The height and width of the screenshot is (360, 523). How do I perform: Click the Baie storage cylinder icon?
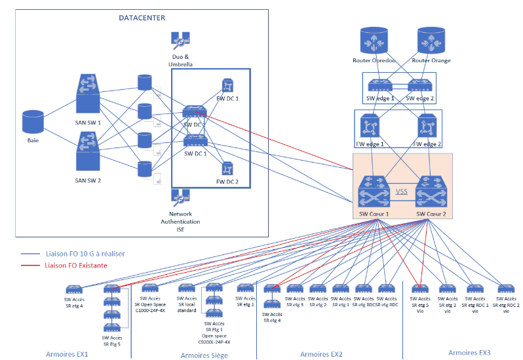[x=33, y=123]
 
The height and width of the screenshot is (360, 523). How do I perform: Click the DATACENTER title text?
[x=142, y=18]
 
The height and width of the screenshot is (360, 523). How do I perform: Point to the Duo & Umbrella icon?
[x=180, y=41]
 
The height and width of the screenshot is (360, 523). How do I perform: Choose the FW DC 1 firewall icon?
[x=227, y=86]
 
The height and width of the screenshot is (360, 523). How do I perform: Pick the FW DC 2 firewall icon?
[x=227, y=169]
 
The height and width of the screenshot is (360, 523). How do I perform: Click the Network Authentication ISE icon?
[x=180, y=197]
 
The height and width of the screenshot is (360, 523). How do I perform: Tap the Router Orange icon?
[x=433, y=41]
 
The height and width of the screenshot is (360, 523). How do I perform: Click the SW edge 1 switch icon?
[x=380, y=86]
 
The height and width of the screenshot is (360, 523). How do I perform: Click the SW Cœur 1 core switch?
[x=374, y=193]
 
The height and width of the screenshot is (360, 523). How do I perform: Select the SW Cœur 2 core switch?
[x=431, y=193]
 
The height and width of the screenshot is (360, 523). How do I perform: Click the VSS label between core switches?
[x=402, y=192]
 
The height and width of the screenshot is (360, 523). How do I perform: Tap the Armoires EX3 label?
[x=469, y=353]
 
